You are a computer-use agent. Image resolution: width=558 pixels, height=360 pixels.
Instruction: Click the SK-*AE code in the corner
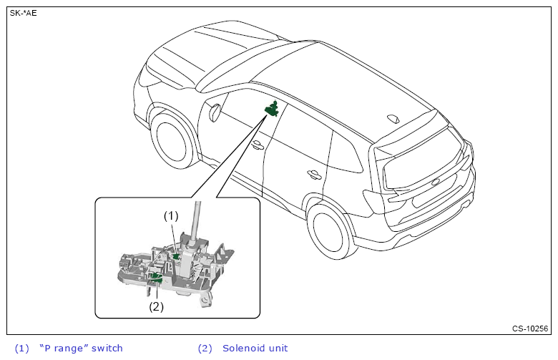pyautogui.click(x=23, y=13)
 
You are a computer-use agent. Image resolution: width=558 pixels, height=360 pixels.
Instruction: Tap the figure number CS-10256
pyautogui.click(x=530, y=329)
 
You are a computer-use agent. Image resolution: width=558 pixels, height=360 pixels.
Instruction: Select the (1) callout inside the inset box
pyautogui.click(x=170, y=215)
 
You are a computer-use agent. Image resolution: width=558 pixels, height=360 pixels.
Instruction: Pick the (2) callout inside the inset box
pyautogui.click(x=156, y=306)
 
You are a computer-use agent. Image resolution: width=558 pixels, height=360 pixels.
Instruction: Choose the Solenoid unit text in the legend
pyautogui.click(x=255, y=349)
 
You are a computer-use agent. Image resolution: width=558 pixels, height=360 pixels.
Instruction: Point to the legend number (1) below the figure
pyautogui.click(x=21, y=349)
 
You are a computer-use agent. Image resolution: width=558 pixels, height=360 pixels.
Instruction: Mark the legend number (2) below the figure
pyautogui.click(x=205, y=349)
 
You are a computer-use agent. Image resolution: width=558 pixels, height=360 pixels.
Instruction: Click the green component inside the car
pyautogui.click(x=272, y=109)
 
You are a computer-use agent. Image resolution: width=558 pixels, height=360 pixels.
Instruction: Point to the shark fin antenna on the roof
pyautogui.click(x=394, y=118)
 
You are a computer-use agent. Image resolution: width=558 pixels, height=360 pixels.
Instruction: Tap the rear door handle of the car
pyautogui.click(x=313, y=174)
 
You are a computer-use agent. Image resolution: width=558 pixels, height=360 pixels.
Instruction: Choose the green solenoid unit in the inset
pyautogui.click(x=156, y=277)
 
